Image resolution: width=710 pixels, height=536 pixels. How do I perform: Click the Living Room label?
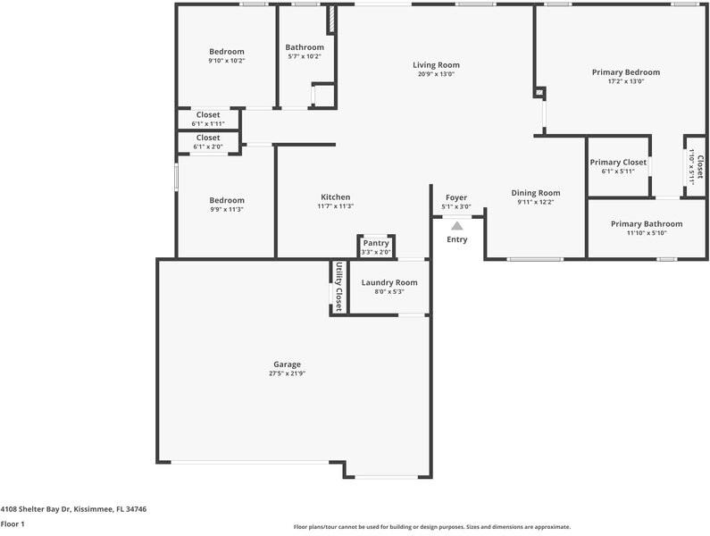pyautogui.click(x=436, y=65)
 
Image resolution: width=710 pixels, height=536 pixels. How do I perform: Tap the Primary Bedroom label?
pyautogui.click(x=625, y=72)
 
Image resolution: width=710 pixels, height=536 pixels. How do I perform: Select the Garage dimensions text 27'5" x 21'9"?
pyautogui.click(x=287, y=373)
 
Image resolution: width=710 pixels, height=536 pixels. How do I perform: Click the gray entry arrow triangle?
pyautogui.click(x=457, y=227)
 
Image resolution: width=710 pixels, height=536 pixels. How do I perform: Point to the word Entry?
pyautogui.click(x=456, y=239)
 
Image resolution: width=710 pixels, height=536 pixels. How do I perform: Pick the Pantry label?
pyautogui.click(x=376, y=243)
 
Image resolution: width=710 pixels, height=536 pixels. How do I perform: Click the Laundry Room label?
pyautogui.click(x=388, y=282)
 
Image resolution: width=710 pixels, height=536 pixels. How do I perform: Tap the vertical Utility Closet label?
pyautogui.click(x=338, y=285)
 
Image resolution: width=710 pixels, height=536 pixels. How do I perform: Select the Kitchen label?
pyautogui.click(x=335, y=197)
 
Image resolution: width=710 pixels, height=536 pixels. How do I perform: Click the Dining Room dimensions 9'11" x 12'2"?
pyautogui.click(x=536, y=202)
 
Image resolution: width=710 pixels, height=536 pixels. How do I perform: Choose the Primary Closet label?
pyautogui.click(x=618, y=163)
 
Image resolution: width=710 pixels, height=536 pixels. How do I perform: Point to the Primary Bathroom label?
pyautogui.click(x=646, y=224)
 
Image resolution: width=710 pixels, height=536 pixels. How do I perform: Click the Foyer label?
pyautogui.click(x=456, y=197)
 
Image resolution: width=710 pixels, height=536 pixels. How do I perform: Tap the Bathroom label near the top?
pyautogui.click(x=305, y=47)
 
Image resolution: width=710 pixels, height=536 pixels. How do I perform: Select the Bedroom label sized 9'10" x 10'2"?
pyautogui.click(x=226, y=52)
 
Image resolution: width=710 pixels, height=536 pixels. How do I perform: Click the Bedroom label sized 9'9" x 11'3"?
pyautogui.click(x=226, y=200)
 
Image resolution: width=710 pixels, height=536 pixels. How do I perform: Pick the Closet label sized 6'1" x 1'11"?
pyautogui.click(x=208, y=115)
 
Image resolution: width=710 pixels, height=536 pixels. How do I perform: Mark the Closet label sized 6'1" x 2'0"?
pyautogui.click(x=208, y=138)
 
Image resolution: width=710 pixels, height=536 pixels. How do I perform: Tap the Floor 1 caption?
pyautogui.click(x=13, y=524)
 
